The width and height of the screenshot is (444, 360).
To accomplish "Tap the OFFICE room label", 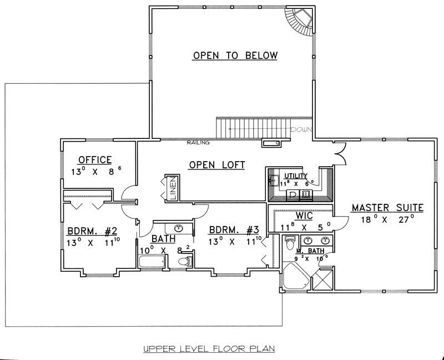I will [x=95, y=159].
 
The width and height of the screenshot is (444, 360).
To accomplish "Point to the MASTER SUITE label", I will [x=387, y=208].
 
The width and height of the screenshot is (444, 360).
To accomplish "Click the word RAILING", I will [x=198, y=143].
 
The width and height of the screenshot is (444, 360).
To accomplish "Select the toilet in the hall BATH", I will [x=188, y=261].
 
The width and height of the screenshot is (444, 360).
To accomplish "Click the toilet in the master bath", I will [x=289, y=243].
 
